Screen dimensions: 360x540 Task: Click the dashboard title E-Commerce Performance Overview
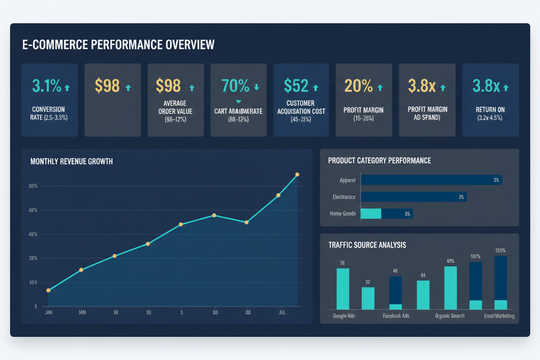(x=118, y=45)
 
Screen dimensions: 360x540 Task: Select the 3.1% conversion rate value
(x=46, y=86)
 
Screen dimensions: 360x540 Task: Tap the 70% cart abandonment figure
(x=235, y=86)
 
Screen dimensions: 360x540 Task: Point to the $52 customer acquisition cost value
(x=296, y=86)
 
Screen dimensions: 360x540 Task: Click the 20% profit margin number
(x=358, y=86)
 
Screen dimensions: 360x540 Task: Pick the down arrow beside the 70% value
(x=257, y=87)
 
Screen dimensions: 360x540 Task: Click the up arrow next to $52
(x=316, y=88)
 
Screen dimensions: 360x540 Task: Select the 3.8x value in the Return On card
(x=486, y=86)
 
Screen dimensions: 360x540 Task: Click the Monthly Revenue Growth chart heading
(x=71, y=161)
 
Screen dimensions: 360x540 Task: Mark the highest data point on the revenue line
(x=297, y=175)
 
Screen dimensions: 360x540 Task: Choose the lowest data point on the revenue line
(x=48, y=290)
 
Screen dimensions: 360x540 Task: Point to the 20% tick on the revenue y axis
(x=33, y=258)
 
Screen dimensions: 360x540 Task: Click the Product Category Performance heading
(x=379, y=161)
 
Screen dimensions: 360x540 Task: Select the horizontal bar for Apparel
(x=431, y=180)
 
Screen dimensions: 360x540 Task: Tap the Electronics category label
(x=344, y=197)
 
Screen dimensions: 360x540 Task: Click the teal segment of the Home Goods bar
(x=371, y=213)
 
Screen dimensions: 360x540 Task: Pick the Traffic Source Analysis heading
(x=367, y=245)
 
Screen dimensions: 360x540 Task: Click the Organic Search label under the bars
(x=450, y=316)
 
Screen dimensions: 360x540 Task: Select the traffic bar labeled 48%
(x=450, y=288)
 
